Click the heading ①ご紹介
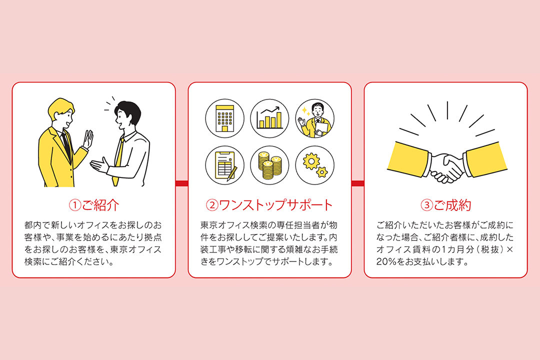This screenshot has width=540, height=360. coord(94,205)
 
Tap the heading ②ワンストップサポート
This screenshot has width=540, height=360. coord(269,205)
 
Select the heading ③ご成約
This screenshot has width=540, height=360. coord(445,205)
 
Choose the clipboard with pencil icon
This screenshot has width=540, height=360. coord(224,165)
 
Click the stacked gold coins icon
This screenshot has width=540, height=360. coord(269,165)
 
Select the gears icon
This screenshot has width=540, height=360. coord(315,165)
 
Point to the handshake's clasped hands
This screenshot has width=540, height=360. coord(446,166)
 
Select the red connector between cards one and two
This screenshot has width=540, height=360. coord(181,183)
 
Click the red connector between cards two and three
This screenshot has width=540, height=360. coord(357,183)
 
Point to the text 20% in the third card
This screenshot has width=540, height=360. coord(385,261)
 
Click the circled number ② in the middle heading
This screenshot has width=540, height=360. coord(212,205)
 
